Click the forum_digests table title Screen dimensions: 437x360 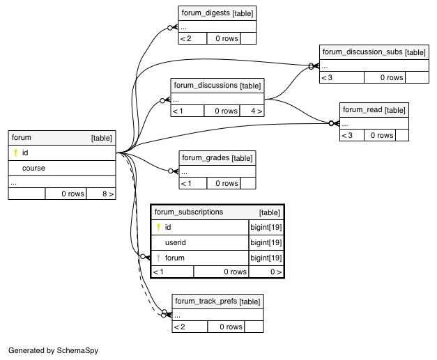[206, 13]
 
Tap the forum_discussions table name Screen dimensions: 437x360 [206, 86]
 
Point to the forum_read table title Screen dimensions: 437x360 [362, 110]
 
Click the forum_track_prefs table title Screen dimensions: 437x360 [206, 302]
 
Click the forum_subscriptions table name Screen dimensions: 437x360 [189, 212]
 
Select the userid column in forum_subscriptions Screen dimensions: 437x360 [176, 243]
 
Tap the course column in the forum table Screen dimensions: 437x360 [33, 169]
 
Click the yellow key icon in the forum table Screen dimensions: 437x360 [15, 152]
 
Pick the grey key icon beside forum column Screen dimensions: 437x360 [158, 258]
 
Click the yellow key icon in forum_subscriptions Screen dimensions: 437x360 [158, 228]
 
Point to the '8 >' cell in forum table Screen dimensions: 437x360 [101, 194]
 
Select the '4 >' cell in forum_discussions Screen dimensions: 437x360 [252, 111]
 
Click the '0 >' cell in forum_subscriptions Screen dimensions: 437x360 [266, 272]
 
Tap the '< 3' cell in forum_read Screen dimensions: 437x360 [352, 136]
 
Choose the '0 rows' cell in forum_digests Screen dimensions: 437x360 [224, 39]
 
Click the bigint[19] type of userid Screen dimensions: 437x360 [266, 243]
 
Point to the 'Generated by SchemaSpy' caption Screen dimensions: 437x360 [53, 350]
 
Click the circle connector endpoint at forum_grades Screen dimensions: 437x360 [171, 171]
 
